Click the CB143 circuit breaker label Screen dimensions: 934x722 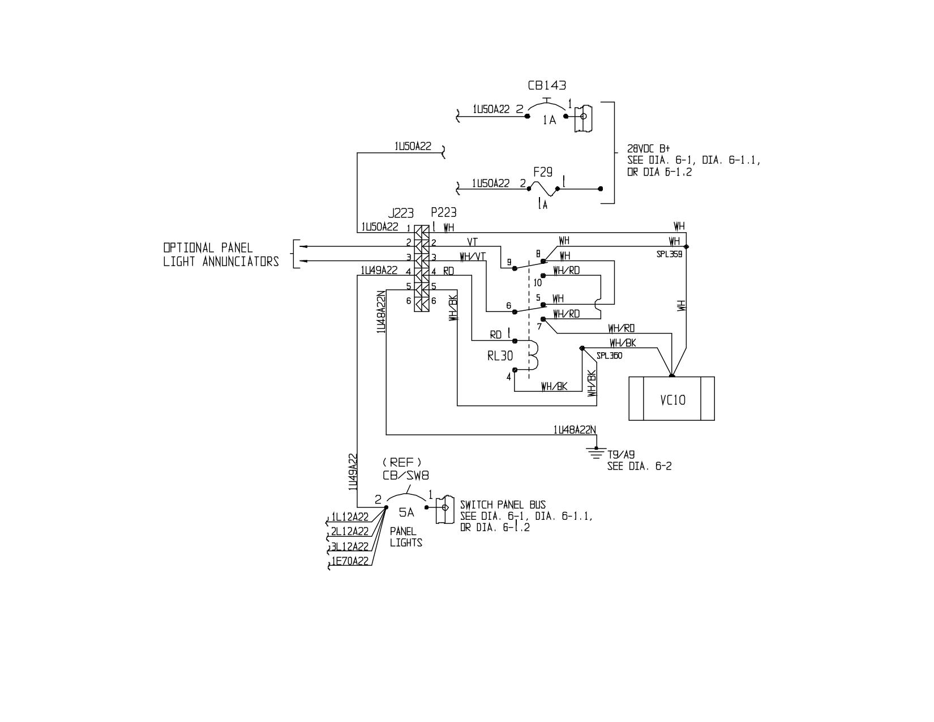tap(547, 86)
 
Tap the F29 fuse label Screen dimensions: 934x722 tap(543, 173)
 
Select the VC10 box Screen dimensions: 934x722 tap(671, 399)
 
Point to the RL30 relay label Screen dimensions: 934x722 tap(500, 356)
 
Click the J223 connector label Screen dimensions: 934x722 tap(401, 213)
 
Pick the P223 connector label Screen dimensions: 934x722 tap(444, 212)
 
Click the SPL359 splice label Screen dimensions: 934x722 tap(669, 254)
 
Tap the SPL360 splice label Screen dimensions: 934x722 tap(609, 356)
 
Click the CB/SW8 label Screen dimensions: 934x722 tap(406, 476)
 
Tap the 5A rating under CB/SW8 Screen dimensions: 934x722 tap(406, 512)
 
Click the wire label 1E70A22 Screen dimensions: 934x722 tap(350, 561)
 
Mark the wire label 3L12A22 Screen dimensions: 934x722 tap(350, 546)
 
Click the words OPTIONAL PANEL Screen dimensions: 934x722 tap(208, 247)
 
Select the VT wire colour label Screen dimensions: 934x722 tap(472, 242)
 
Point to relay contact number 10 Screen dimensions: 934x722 tap(538, 283)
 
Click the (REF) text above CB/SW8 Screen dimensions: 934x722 tap(402, 462)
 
